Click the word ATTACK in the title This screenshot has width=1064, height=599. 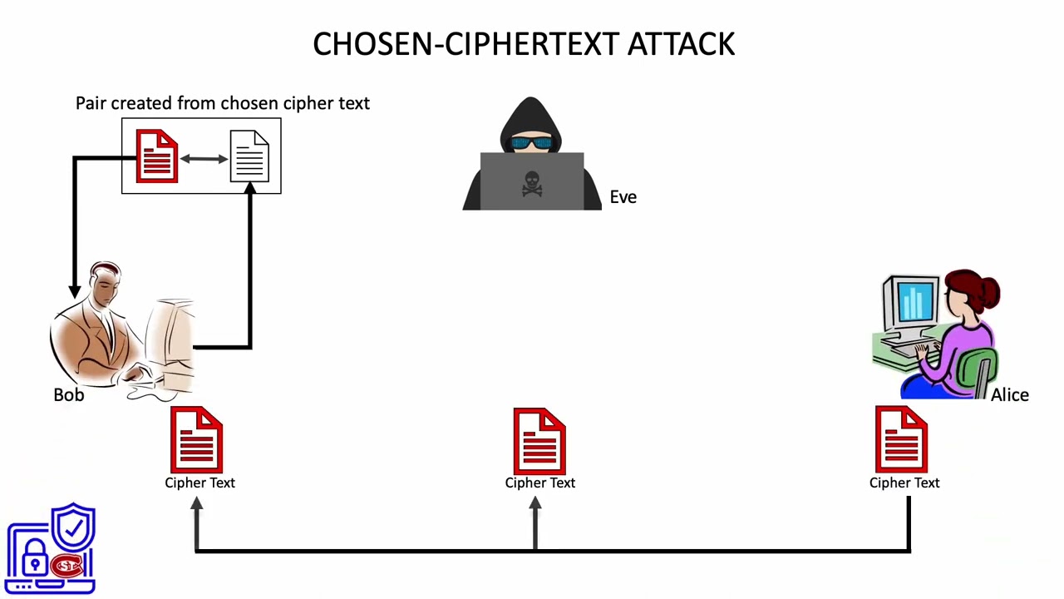681,44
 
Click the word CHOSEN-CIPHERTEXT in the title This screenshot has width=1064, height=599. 466,44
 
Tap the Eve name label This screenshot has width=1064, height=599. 623,197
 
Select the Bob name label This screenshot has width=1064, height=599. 68,395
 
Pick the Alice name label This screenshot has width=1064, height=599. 1009,395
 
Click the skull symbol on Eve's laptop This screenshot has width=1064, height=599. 532,184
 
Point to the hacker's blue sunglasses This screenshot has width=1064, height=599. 531,143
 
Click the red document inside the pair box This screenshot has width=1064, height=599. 157,156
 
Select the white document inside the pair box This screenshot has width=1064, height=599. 249,156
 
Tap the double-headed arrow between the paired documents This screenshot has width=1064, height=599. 204,158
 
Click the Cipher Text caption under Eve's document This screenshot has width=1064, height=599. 539,483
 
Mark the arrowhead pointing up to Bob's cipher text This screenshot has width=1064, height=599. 196,505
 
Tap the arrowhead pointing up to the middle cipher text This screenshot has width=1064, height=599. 535,505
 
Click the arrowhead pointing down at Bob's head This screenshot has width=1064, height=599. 75,290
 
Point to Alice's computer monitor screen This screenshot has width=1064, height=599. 914,302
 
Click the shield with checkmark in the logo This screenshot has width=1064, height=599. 74,528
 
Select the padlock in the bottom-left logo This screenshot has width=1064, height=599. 35,559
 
